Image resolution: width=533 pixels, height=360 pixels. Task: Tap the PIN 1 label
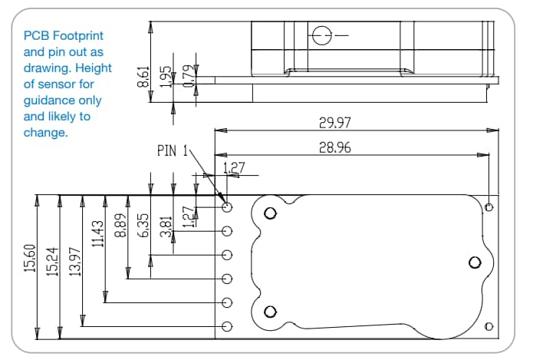coord(173,150)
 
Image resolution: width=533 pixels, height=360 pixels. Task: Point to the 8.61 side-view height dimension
coord(143,77)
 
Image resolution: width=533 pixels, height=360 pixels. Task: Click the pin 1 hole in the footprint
coord(227,207)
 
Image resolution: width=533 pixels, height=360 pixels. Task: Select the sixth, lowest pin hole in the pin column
coord(227,326)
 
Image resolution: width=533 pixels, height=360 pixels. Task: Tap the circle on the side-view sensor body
coord(320,35)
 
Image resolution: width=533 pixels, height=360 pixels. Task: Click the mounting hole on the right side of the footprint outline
coord(472,263)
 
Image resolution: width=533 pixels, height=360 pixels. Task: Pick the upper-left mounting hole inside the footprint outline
coord(269,214)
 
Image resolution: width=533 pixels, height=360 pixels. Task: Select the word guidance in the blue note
coord(49,101)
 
